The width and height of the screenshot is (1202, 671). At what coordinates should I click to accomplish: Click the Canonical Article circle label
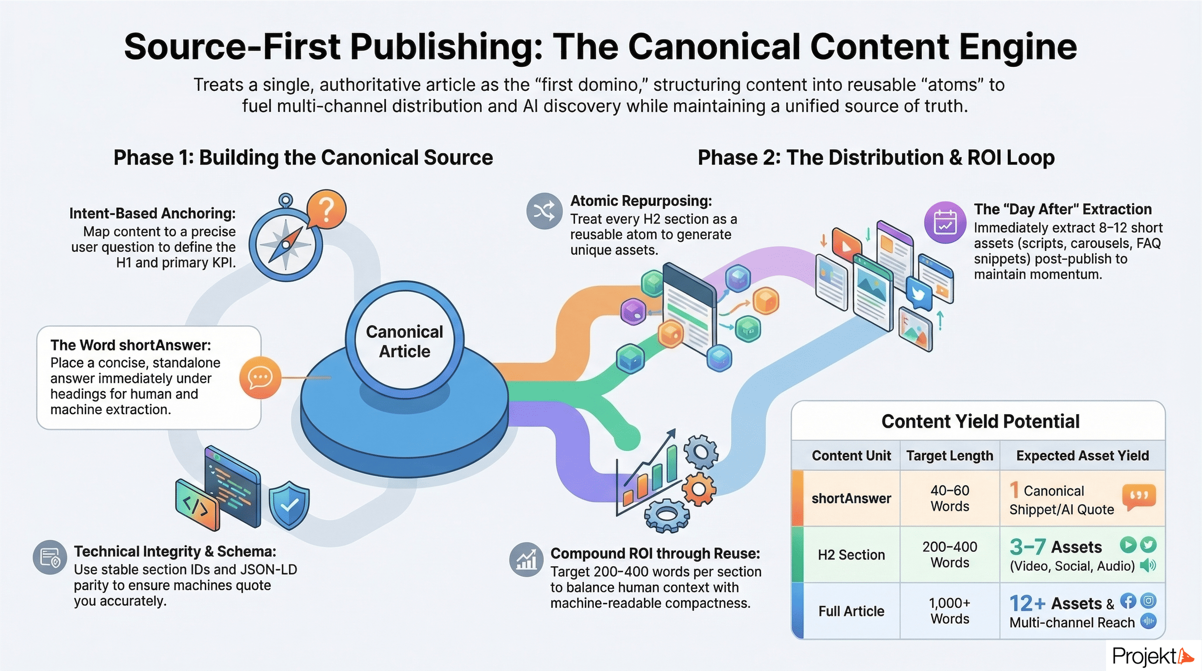tap(404, 342)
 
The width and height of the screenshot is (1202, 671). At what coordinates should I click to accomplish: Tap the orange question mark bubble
tap(326, 209)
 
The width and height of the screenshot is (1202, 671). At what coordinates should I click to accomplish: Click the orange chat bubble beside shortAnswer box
tap(260, 377)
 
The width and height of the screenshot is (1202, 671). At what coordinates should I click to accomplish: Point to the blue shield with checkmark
tap(288, 505)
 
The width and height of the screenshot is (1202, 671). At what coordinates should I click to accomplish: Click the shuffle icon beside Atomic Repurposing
tap(544, 211)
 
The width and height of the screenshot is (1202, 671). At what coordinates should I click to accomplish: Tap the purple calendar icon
tap(945, 223)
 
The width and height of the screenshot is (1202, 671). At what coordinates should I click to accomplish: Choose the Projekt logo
tap(1152, 656)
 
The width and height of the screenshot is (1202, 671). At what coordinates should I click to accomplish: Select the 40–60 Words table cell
tap(950, 498)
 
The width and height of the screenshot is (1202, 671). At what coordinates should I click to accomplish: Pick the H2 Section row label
tap(851, 555)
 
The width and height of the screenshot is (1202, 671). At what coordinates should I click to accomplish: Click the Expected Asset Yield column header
tap(1082, 455)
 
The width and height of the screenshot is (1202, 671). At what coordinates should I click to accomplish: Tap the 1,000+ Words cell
tap(950, 610)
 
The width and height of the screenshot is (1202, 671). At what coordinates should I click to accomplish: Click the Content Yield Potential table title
tap(980, 421)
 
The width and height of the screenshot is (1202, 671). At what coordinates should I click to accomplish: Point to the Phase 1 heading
tap(303, 158)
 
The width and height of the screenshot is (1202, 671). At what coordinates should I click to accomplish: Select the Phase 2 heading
tap(876, 158)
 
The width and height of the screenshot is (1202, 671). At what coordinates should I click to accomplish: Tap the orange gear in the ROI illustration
tap(699, 489)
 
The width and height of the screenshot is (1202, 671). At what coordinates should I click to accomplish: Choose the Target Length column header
tap(950, 455)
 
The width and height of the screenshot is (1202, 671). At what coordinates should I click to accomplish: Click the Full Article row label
tap(851, 611)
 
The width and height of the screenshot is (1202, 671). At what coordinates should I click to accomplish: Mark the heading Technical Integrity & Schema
tap(175, 551)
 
